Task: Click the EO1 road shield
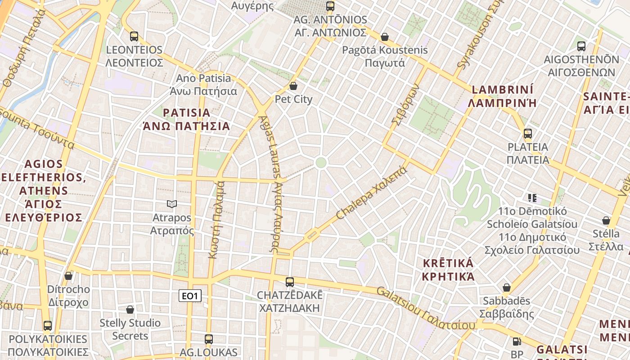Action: [x=190, y=296]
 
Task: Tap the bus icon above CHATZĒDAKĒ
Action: [x=290, y=282]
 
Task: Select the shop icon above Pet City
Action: [x=293, y=86]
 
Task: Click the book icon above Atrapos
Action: [x=171, y=204]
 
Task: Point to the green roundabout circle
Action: [x=321, y=163]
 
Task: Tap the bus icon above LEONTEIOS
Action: [x=134, y=36]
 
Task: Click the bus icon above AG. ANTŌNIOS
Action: [x=330, y=6]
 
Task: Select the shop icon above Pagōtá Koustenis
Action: [x=385, y=36]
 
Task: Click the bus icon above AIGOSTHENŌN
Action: [x=581, y=46]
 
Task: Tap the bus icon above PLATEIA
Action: [x=527, y=134]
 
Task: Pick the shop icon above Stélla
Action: [x=606, y=220]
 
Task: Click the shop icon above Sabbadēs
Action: [x=507, y=288]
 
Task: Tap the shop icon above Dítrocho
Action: [x=68, y=276]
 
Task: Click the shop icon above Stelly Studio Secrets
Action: [x=130, y=310]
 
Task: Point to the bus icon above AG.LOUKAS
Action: [x=209, y=339]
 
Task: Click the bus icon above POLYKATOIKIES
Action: [x=48, y=325]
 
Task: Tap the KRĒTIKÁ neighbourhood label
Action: [x=448, y=263]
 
